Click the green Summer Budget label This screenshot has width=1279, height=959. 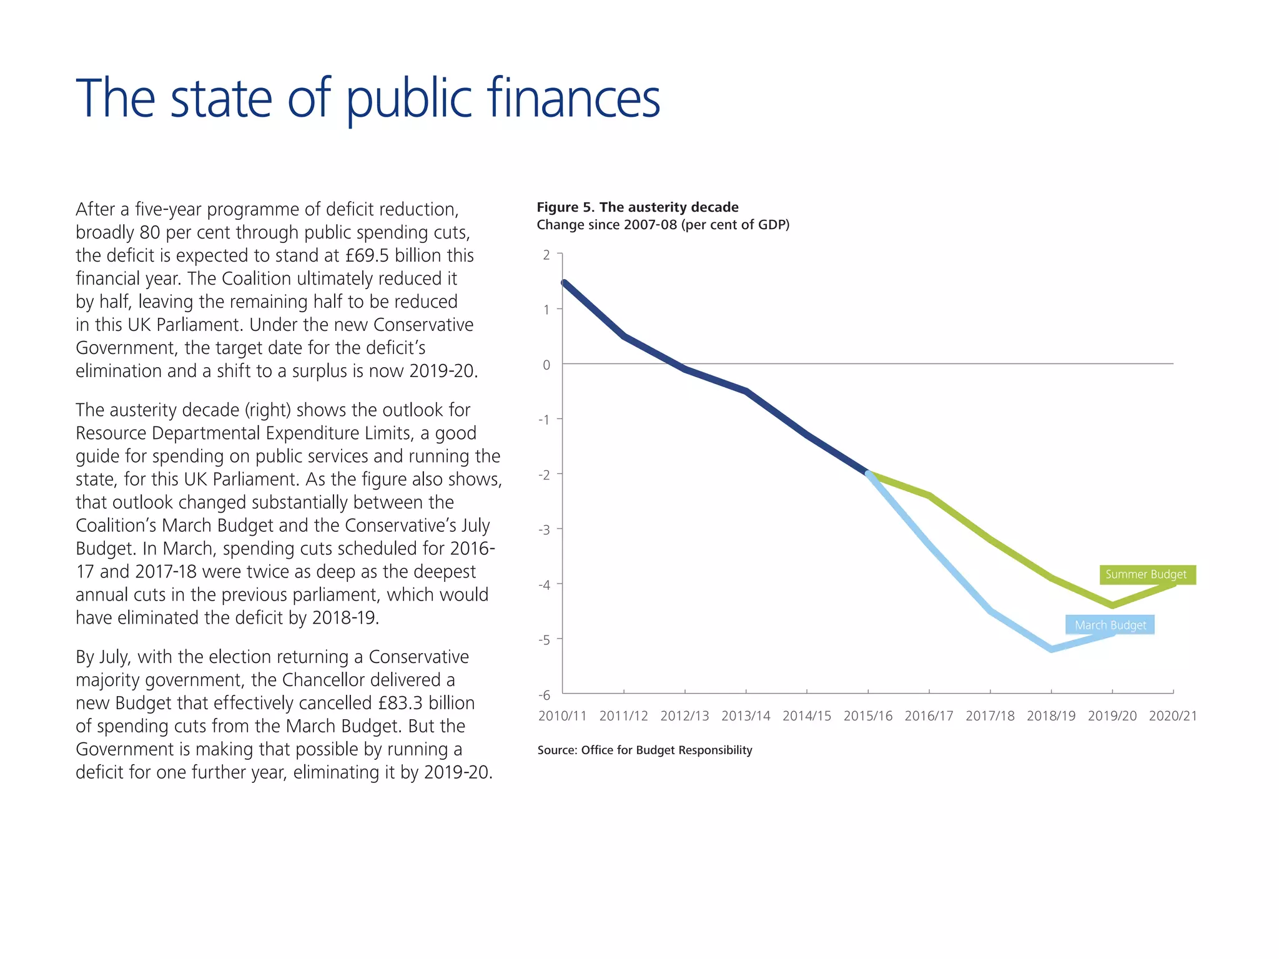pyautogui.click(x=1147, y=574)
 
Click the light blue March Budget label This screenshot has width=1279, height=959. pyautogui.click(x=1110, y=625)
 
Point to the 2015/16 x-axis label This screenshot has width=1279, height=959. pyautogui.click(x=867, y=716)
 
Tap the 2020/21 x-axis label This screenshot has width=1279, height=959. pyautogui.click(x=1173, y=716)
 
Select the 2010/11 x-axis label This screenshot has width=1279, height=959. pyautogui.click(x=563, y=716)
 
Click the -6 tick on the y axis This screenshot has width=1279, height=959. pyautogui.click(x=544, y=695)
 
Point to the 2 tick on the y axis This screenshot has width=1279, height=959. pyautogui.click(x=546, y=255)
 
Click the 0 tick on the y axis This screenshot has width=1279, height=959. pyautogui.click(x=546, y=365)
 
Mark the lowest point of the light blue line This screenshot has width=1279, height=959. pyautogui.click(x=1052, y=649)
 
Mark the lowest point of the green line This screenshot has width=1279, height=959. pyautogui.click(x=1112, y=605)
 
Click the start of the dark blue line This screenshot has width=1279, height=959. pyautogui.click(x=564, y=283)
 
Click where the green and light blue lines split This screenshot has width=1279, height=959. pyautogui.click(x=869, y=474)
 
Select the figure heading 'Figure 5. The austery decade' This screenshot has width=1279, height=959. pyautogui.click(x=638, y=207)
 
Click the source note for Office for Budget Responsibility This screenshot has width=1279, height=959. pyautogui.click(x=644, y=750)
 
